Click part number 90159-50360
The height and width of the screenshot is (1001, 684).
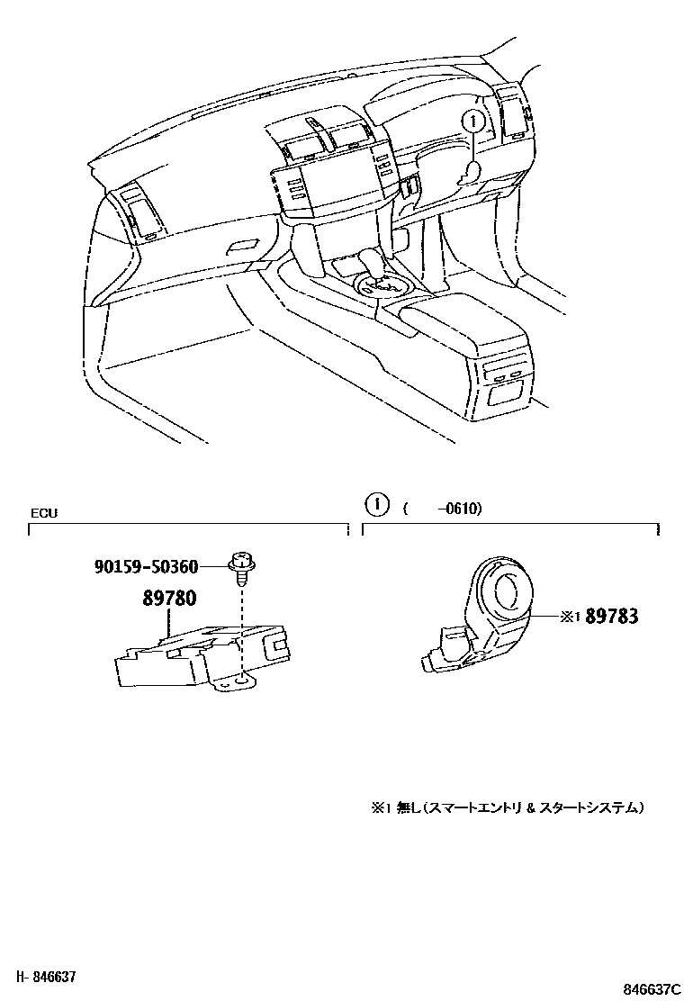pos(145,565)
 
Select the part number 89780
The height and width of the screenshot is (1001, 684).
pos(167,598)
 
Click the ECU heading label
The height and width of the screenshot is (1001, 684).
pos(44,513)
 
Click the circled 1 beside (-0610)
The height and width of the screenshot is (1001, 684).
pos(377,507)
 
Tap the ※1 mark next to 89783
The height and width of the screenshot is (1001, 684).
pos(571,617)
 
